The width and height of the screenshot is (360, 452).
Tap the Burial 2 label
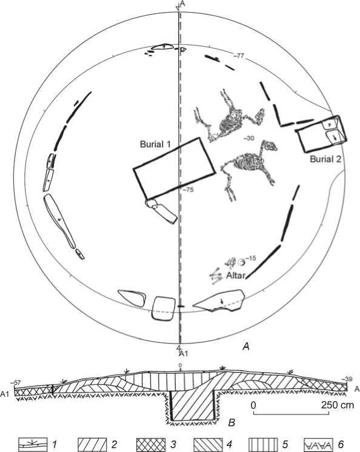(x=325, y=159)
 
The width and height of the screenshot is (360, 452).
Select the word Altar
(x=236, y=276)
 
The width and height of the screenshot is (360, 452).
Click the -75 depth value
(x=188, y=190)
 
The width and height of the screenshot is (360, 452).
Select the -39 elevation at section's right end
(x=347, y=379)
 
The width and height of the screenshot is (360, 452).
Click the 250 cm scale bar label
(x=338, y=405)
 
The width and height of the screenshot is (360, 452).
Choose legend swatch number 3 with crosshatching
(x=151, y=444)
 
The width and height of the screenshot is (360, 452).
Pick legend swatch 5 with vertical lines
(x=264, y=444)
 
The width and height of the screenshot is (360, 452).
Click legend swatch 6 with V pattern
(x=319, y=444)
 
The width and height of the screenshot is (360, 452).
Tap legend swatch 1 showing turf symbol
(x=33, y=444)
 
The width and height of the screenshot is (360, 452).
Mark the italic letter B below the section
(x=232, y=422)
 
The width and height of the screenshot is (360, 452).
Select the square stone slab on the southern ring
(x=164, y=308)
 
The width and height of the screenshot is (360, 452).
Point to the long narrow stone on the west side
(x=59, y=220)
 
